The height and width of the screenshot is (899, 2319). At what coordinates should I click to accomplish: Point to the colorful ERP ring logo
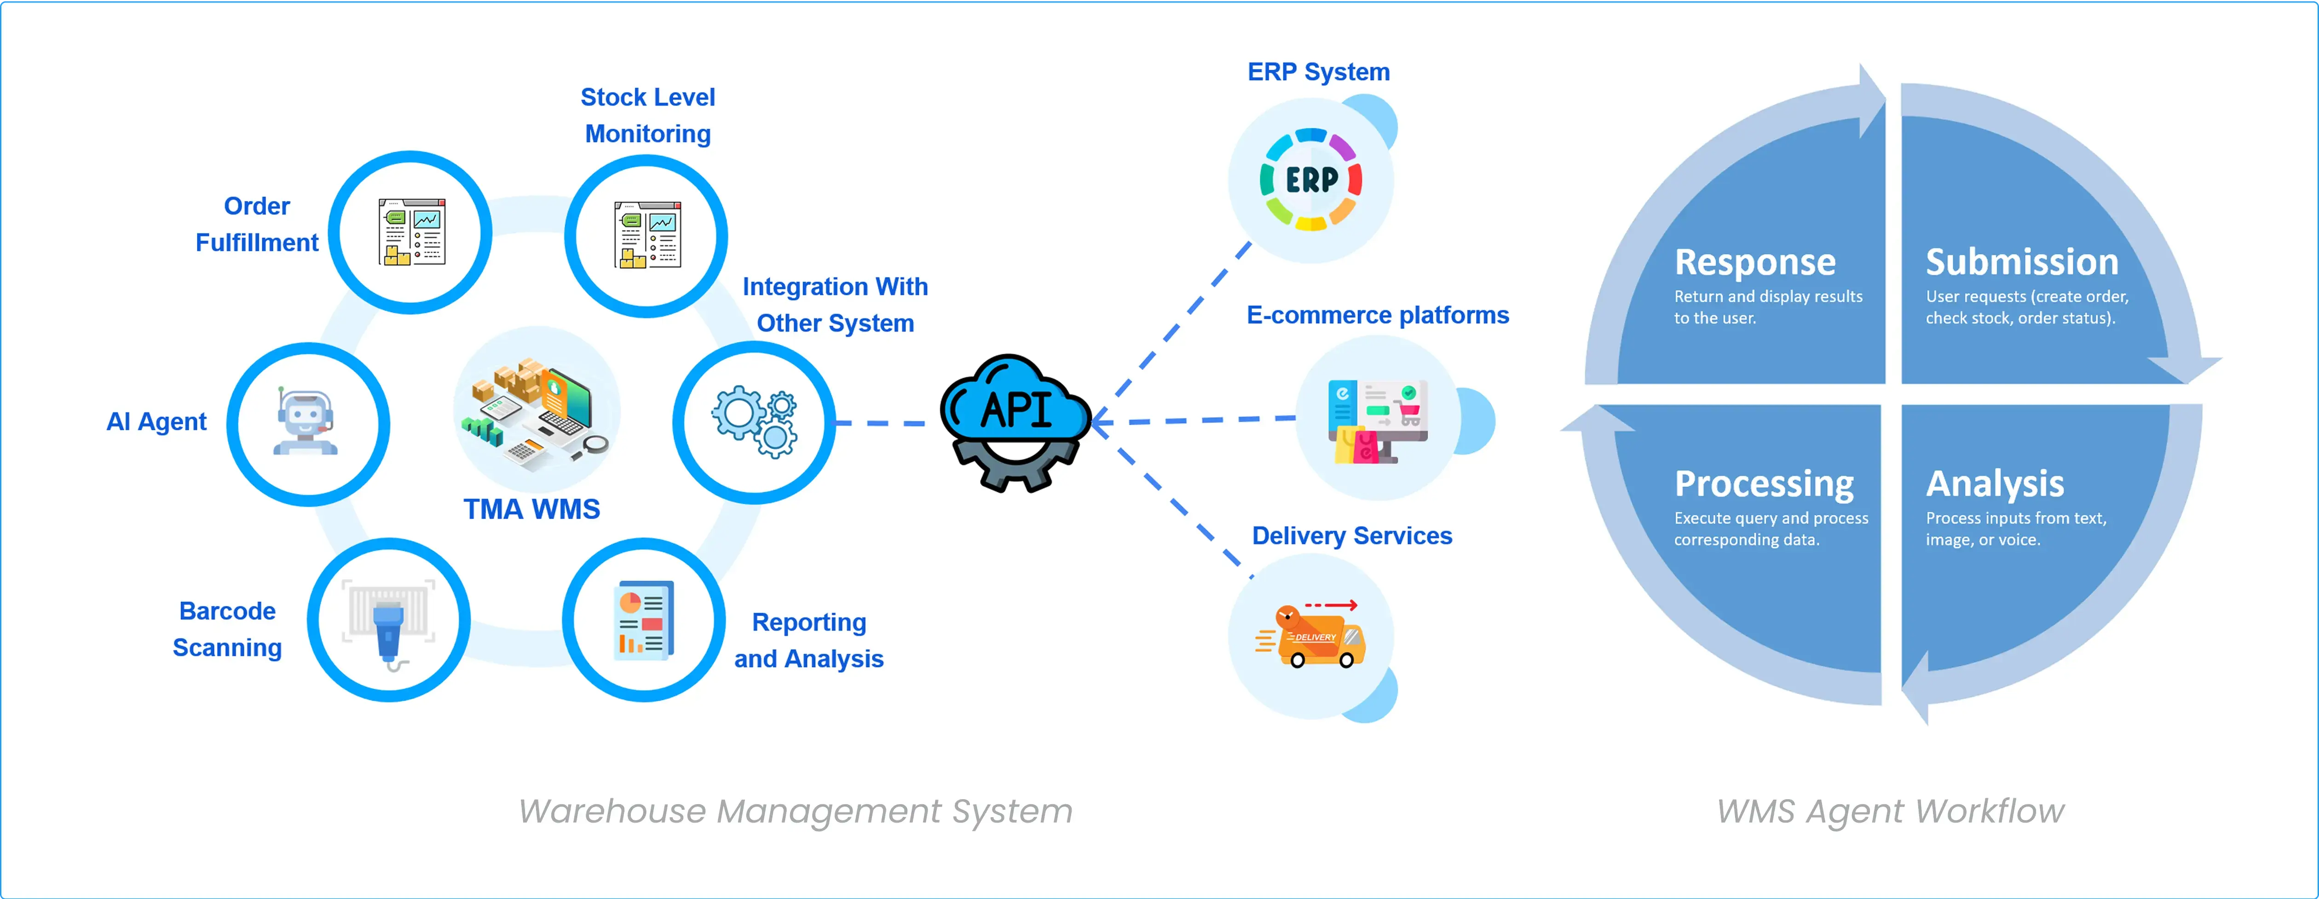(1311, 180)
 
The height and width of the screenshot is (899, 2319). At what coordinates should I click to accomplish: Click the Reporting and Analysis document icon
(644, 621)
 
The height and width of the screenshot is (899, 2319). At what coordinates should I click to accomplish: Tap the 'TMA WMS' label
(531, 509)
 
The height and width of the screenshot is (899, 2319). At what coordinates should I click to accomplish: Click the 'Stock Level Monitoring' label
(647, 115)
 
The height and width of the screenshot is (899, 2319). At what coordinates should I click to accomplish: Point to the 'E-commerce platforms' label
(1377, 315)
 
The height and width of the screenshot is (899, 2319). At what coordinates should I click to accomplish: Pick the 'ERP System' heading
(1318, 72)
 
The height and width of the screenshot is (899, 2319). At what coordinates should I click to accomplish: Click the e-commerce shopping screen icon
(1377, 420)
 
